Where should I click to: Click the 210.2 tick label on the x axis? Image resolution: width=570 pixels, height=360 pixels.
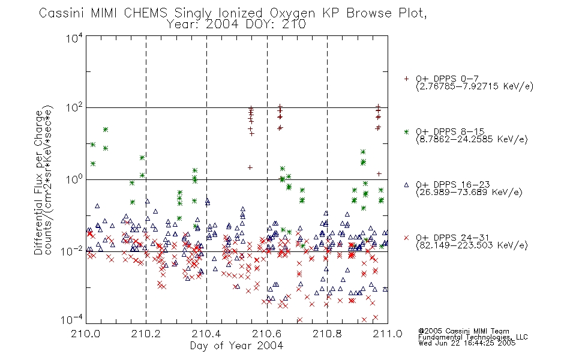[146, 334]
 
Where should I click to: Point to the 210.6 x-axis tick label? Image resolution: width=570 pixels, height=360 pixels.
[267, 334]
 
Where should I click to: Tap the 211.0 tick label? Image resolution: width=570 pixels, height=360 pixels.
[388, 334]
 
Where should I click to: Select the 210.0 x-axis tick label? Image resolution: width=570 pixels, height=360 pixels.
[86, 334]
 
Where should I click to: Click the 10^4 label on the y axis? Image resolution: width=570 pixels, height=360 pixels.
[74, 38]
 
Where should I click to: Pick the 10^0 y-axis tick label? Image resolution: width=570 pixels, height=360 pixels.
[74, 179]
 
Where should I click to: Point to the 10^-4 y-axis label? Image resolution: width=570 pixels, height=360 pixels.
[72, 319]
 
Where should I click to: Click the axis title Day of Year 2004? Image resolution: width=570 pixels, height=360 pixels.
[236, 346]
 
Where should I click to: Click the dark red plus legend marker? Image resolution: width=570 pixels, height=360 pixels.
[406, 79]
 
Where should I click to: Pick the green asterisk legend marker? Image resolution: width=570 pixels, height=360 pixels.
[406, 131]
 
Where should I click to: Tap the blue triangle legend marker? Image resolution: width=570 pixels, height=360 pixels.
[406, 185]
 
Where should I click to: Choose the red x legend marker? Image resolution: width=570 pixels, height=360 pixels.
[406, 238]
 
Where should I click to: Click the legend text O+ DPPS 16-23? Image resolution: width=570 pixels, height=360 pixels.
[453, 184]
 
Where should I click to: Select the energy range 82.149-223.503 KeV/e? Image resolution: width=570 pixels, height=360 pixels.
[472, 245]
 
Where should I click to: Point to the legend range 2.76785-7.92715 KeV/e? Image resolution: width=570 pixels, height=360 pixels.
[475, 86]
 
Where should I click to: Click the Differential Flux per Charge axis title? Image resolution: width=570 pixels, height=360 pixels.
[38, 182]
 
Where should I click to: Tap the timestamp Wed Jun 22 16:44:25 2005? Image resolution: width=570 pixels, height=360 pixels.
[467, 343]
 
